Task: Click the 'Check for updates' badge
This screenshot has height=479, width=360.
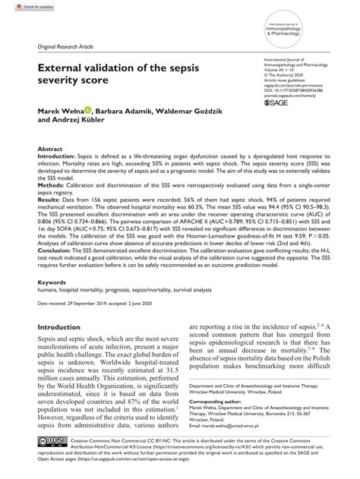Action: [x=21, y=6]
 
